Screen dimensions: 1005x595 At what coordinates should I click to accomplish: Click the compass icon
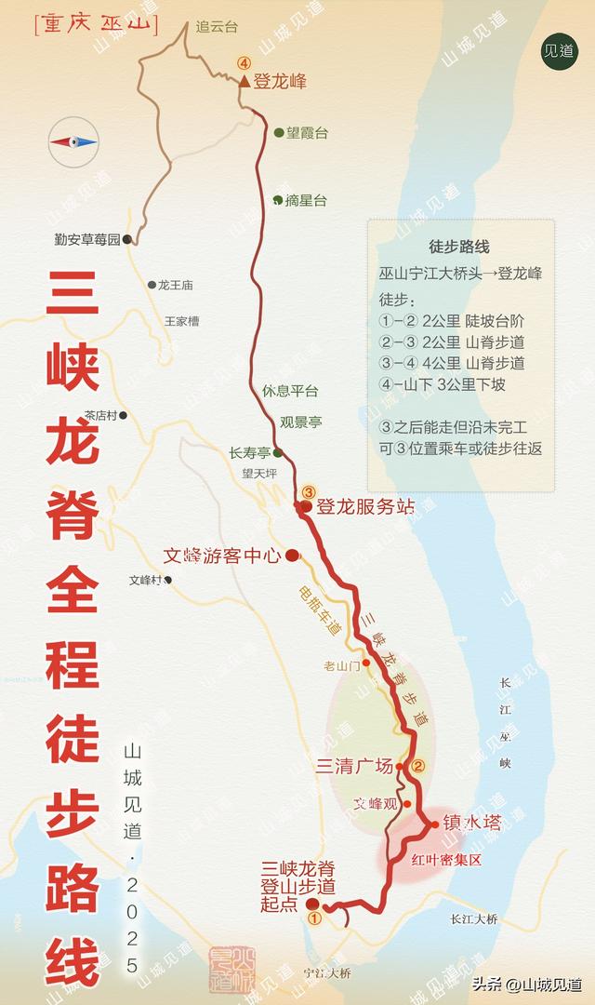(73, 141)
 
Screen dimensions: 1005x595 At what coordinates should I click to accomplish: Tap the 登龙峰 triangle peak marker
(243, 83)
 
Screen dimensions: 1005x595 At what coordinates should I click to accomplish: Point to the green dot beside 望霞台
(278, 132)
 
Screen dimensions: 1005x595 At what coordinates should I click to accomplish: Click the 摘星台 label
(306, 200)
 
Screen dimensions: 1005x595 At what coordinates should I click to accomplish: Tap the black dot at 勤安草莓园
(126, 239)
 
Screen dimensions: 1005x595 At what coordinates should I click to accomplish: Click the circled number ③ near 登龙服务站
(309, 492)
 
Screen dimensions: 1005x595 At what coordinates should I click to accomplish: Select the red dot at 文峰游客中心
(291, 556)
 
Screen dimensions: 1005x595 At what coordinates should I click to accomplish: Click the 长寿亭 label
(249, 453)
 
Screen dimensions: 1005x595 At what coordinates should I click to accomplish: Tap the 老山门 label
(341, 664)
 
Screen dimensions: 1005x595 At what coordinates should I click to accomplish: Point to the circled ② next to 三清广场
(418, 768)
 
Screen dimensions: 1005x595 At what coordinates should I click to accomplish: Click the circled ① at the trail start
(314, 918)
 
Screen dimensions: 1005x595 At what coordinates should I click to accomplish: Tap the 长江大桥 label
(474, 919)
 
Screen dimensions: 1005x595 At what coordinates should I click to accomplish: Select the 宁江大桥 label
(327, 973)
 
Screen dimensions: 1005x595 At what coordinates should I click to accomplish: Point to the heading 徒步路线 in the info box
(459, 247)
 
